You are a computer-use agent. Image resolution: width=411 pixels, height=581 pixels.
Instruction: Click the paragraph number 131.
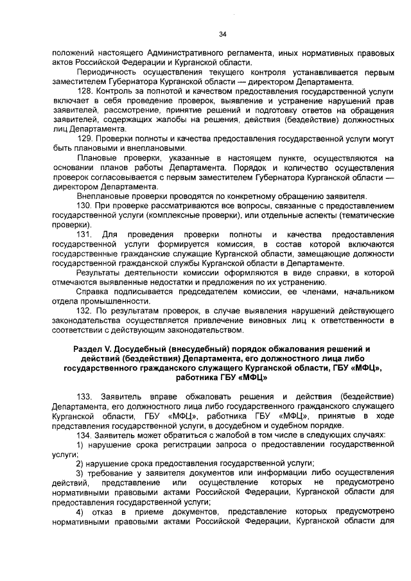(86, 236)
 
